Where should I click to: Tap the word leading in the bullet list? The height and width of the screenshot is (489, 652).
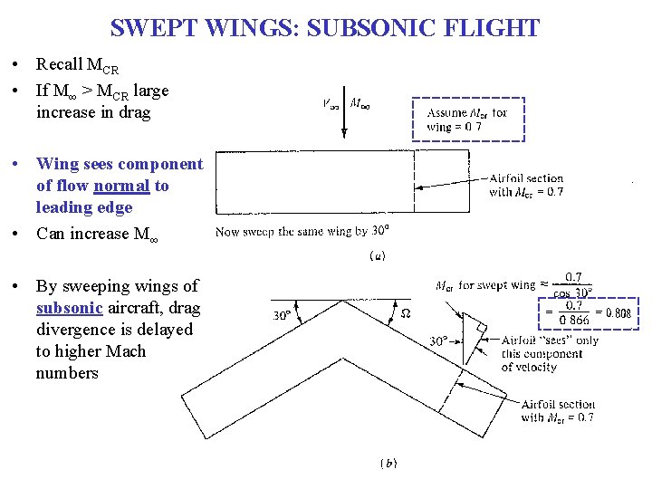pyautogui.click(x=63, y=207)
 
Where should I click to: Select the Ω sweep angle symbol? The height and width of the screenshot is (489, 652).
pyautogui.click(x=405, y=313)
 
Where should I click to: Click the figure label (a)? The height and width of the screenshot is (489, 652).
pyautogui.click(x=378, y=256)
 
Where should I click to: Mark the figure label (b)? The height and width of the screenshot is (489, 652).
pyautogui.click(x=388, y=464)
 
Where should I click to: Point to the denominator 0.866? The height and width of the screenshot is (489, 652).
pyautogui.click(x=572, y=321)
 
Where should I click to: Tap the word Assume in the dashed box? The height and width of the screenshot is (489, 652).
pyautogui.click(x=446, y=114)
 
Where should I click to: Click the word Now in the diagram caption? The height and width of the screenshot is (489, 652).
pyautogui.click(x=226, y=232)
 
